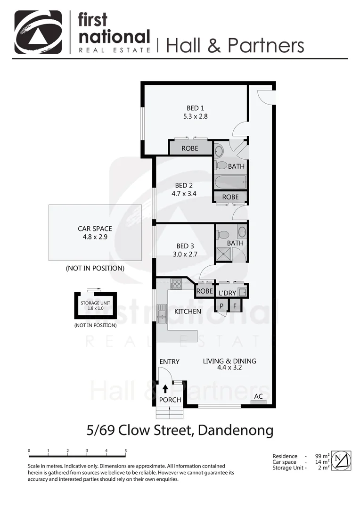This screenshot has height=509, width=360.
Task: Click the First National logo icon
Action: [x=38, y=32]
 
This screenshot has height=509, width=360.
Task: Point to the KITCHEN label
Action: [x=188, y=311]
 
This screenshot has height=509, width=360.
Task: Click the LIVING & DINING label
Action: [x=229, y=361]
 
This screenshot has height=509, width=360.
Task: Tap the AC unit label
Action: [x=258, y=396]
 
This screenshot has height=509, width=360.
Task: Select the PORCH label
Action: [x=170, y=400]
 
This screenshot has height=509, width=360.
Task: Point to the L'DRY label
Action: [x=227, y=293]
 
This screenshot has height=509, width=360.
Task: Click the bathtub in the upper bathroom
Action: [x=230, y=181]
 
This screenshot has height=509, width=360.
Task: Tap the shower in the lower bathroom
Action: [x=221, y=254]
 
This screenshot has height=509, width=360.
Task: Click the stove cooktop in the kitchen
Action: [x=176, y=284]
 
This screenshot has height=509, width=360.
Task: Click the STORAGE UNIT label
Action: [x=96, y=303]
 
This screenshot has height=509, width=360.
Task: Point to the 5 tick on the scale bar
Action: [x=126, y=451]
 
